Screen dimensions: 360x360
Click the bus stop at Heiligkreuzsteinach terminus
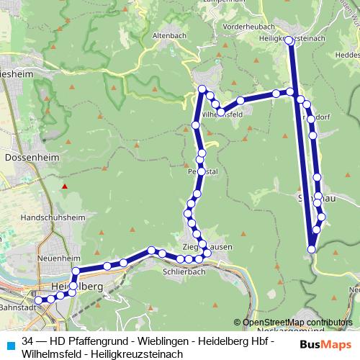(x=290, y=41)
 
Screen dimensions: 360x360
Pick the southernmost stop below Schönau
(x=312, y=249)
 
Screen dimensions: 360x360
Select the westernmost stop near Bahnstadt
(x=28, y=300)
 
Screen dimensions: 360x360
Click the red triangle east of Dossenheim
(x=65, y=186)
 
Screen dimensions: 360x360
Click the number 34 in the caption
(x=28, y=342)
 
